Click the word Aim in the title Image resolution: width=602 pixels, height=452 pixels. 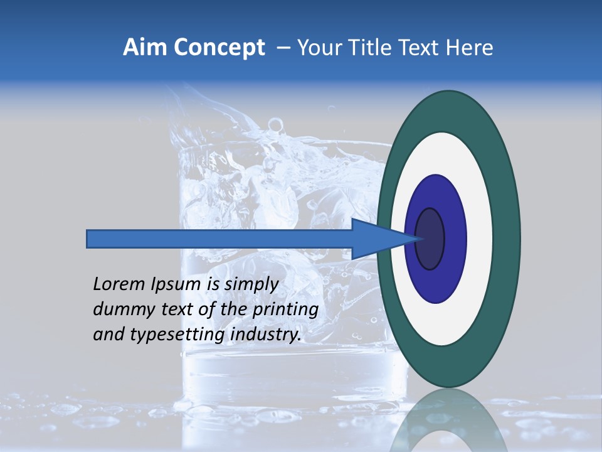(142, 48)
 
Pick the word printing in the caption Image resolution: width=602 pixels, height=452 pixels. (285, 309)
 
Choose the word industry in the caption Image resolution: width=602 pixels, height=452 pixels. (265, 335)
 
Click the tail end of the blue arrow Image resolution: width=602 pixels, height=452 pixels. (88, 239)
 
